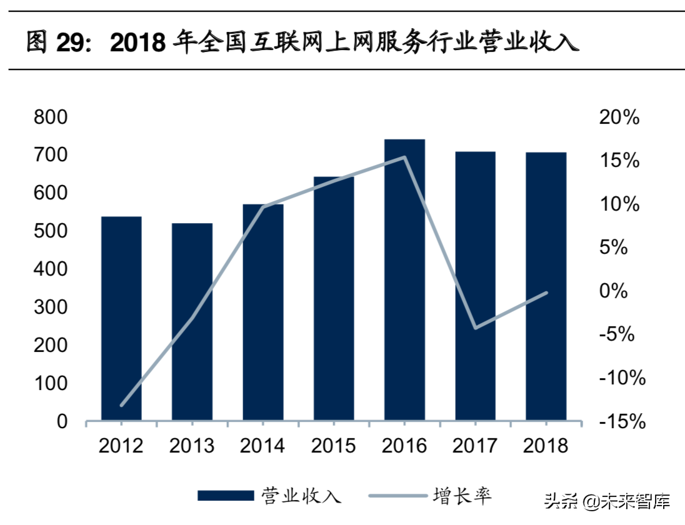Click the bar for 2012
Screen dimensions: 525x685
121,318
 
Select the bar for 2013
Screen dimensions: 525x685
192,321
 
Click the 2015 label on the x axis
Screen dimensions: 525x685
333,446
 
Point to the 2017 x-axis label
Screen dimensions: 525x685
475,446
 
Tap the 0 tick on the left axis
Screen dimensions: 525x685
62,422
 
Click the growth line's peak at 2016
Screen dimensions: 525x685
404,157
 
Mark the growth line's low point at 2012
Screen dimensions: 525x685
121,405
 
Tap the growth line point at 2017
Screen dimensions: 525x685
476,327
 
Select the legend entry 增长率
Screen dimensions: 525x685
462,496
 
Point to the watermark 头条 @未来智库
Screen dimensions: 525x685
606,501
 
